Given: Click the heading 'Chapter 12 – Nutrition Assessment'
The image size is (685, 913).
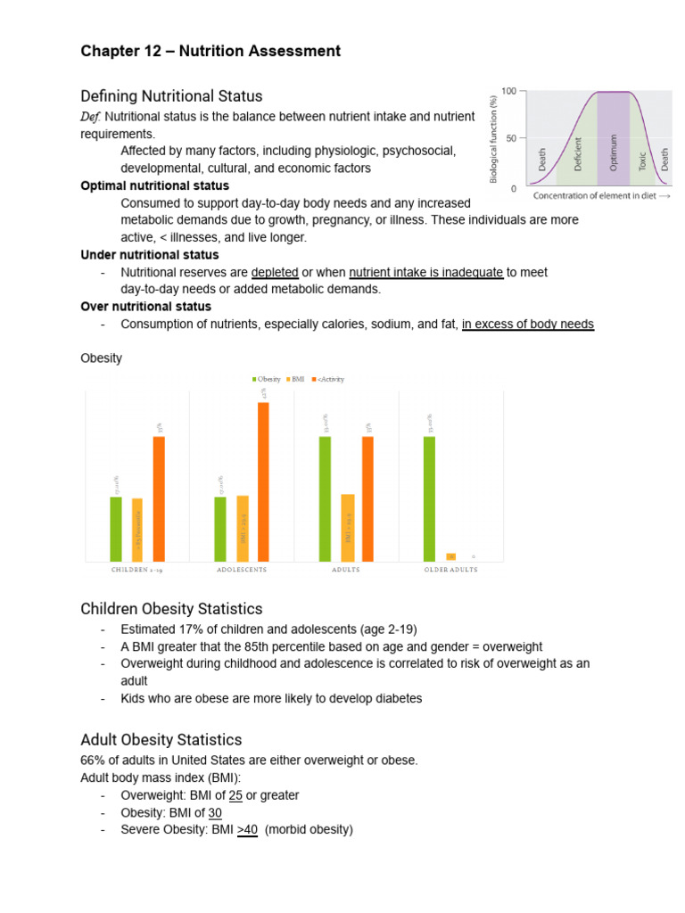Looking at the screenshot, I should pyautogui.click(x=210, y=51).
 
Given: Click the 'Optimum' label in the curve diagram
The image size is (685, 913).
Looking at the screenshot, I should pyautogui.click(x=614, y=148).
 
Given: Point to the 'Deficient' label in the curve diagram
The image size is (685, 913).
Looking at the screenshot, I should pyautogui.click(x=578, y=154).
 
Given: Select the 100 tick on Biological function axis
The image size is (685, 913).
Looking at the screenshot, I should pyautogui.click(x=508, y=91).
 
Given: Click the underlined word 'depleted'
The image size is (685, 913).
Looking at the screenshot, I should pyautogui.click(x=275, y=272).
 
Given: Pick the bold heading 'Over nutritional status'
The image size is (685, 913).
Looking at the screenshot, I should pyautogui.click(x=146, y=307).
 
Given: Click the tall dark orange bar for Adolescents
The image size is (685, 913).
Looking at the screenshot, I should pyautogui.click(x=263, y=481).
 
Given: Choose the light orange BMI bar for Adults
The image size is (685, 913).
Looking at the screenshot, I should pyautogui.click(x=348, y=527).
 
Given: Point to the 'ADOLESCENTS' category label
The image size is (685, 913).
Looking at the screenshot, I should pyautogui.click(x=242, y=570).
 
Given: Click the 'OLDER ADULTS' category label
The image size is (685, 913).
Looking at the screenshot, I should pyautogui.click(x=450, y=570).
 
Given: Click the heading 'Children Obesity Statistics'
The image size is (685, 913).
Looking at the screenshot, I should pyautogui.click(x=171, y=609).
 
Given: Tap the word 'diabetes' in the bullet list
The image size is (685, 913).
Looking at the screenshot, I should pyautogui.click(x=391, y=698).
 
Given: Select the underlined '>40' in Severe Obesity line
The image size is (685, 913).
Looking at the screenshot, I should pyautogui.click(x=247, y=829).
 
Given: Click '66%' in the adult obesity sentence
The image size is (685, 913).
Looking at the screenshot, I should pyautogui.click(x=93, y=760).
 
